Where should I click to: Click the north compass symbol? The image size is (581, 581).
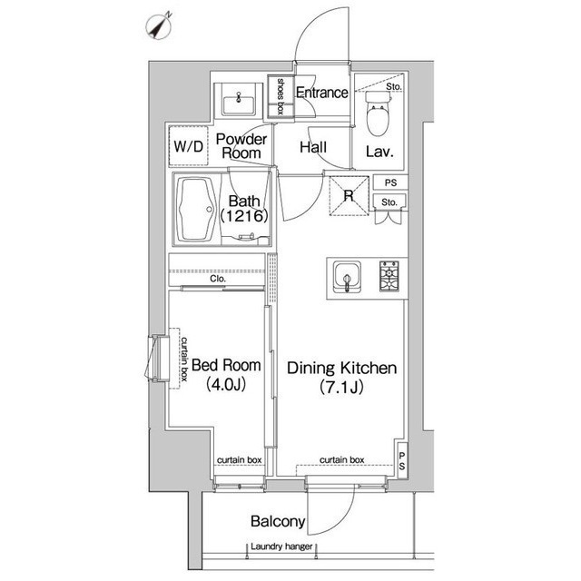tap(160, 26)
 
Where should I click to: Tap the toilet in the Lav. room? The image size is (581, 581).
tap(378, 113)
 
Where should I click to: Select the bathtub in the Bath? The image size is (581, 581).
tap(196, 210)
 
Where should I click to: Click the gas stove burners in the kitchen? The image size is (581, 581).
tap(389, 276)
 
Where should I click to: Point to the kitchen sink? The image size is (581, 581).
tap(347, 277)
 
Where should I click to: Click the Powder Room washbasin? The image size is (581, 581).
tap(239, 103)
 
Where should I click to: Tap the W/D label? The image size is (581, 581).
tap(189, 146)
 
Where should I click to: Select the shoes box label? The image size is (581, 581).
tap(281, 95)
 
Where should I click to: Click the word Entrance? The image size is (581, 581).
tap(322, 93)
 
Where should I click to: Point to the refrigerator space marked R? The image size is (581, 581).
tap(349, 196)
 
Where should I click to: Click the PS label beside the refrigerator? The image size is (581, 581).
tap(390, 182)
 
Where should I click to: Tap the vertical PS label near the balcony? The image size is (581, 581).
tap(402, 460)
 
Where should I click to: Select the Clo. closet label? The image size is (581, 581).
tap(218, 279)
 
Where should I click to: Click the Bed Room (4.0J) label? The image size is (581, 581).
tap(226, 375)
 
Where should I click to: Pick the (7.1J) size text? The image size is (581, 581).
tap(341, 387)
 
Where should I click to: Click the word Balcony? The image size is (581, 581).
tap(278, 521)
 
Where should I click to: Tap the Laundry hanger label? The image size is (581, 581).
tap(281, 547)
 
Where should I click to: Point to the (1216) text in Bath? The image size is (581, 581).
tap(244, 216)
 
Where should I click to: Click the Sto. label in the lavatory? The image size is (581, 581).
tap(393, 87)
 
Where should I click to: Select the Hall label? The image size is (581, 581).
tap(313, 147)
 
